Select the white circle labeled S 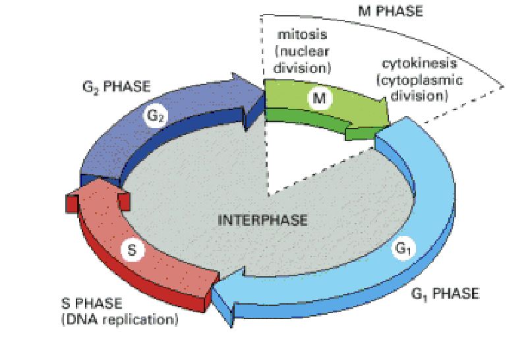(x=132, y=251)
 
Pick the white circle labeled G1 (x=403, y=249)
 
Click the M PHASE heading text (x=390, y=11)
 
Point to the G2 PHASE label (x=113, y=87)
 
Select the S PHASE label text (x=92, y=304)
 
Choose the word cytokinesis (x=421, y=65)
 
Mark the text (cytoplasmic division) (x=421, y=88)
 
